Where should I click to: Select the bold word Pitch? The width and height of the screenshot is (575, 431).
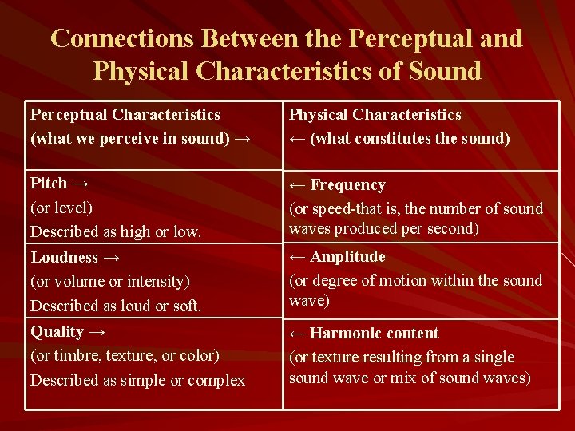(x=48, y=184)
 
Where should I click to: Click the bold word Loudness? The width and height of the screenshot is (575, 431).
(x=65, y=258)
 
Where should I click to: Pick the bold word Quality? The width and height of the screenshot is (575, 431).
(x=57, y=332)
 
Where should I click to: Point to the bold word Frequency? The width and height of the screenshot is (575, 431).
(x=347, y=185)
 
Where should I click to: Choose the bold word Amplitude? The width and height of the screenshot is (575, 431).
(x=347, y=257)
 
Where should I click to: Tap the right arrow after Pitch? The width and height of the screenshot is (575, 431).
(x=80, y=184)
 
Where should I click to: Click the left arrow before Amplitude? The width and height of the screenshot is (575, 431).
(x=297, y=257)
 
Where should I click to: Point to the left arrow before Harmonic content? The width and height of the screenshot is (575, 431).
(x=297, y=334)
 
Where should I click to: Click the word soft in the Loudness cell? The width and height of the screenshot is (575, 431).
(x=186, y=306)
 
